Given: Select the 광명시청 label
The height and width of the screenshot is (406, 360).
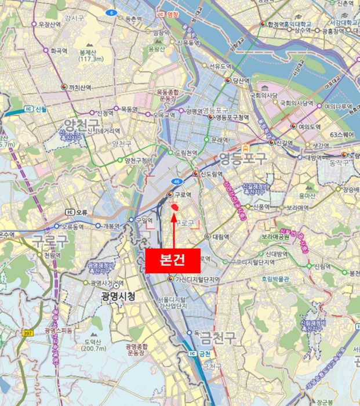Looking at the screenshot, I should tap(118, 296).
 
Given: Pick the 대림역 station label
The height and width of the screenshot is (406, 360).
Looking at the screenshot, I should tap(220, 237).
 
